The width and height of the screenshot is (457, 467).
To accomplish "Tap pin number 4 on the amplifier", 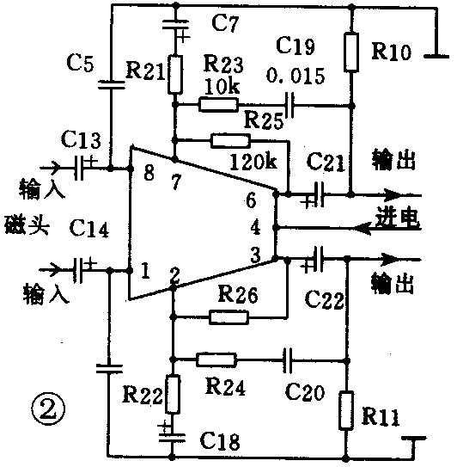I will click(x=253, y=228).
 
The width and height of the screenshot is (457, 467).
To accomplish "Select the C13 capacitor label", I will click(x=82, y=139).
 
